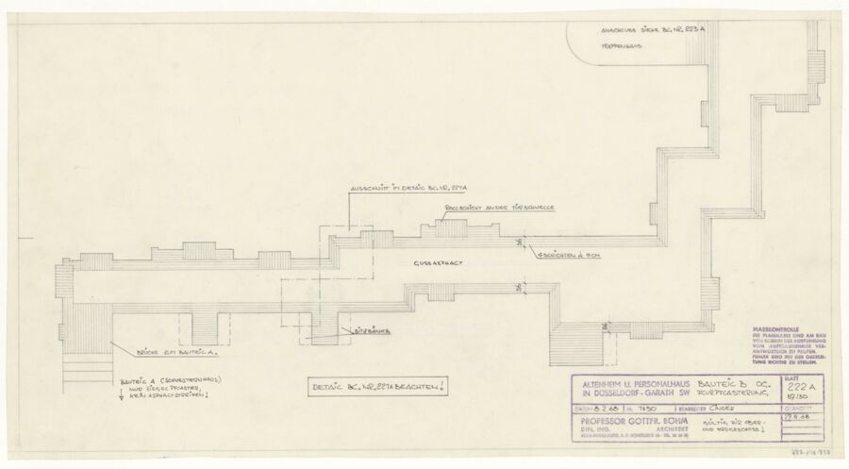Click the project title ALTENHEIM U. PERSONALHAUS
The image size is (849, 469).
pyautogui.click(x=626, y=386)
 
